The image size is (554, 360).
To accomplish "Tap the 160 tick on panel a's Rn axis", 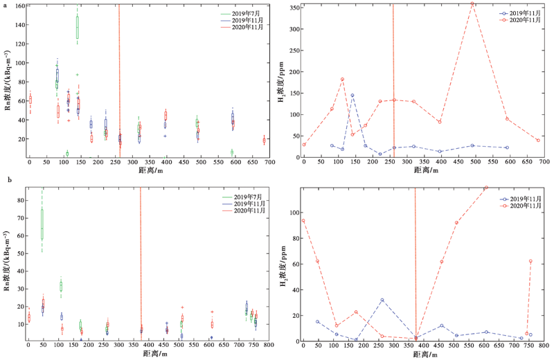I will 20,6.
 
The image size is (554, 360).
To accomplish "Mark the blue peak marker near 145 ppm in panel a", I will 352,95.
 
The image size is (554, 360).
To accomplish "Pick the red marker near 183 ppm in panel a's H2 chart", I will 342,79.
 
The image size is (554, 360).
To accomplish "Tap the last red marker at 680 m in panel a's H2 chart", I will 538,140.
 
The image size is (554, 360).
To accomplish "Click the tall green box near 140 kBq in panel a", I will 78,27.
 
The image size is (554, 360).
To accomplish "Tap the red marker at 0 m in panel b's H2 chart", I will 303,221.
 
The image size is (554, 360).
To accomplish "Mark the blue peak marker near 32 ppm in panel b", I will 382,300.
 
